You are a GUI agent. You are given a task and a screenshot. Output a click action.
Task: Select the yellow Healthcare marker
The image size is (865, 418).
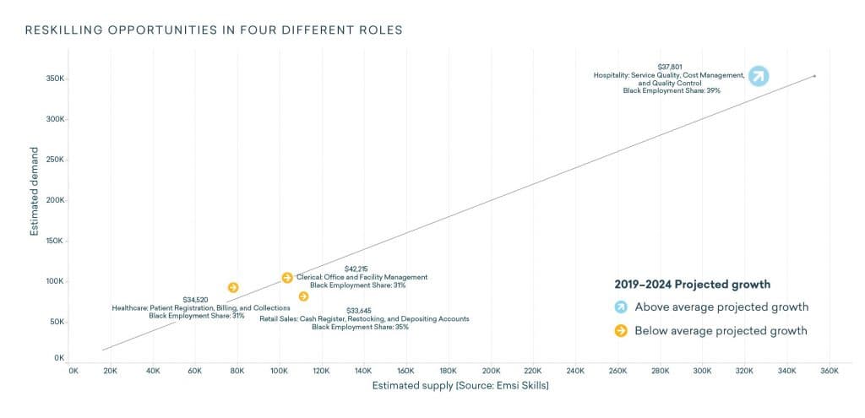coord(233,288)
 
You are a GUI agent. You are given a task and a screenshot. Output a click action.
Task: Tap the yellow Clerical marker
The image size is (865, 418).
coord(287,278)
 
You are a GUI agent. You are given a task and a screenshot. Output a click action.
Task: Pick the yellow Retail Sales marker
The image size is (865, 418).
coord(303,296)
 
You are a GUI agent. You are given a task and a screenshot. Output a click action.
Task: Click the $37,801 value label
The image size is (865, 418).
coord(670,67)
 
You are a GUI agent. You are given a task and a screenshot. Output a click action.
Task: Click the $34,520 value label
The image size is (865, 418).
coord(196,300)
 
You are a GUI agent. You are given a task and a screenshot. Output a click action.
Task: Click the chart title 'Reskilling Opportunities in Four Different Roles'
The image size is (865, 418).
coord(214,30)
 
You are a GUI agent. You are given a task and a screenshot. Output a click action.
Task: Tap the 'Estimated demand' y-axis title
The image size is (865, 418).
coord(35,198)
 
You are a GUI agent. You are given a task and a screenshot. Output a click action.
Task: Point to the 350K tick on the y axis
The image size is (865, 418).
coord(55,79)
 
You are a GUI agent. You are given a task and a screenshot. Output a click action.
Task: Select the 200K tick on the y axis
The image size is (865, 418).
coord(55,200)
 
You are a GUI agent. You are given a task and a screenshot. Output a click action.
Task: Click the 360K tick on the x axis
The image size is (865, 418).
coord(829,370)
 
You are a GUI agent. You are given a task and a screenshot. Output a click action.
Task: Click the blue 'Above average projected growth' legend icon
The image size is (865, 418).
coord(621,307)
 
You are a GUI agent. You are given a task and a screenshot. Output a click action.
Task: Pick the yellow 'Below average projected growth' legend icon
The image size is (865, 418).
coord(621,330)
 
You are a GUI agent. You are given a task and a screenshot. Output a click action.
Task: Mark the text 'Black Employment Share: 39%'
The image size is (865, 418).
coord(672,90)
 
